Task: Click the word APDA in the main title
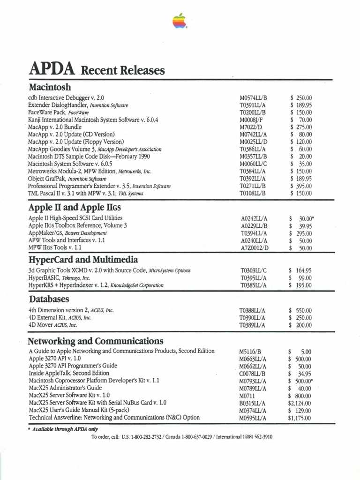pyautogui.click(x=52, y=69)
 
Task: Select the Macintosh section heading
pyautogui.click(x=50, y=87)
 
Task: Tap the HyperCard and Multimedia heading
pyautogui.click(x=83, y=259)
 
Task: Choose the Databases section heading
pyautogui.click(x=49, y=299)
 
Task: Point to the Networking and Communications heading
pyautogui.click(x=96, y=340)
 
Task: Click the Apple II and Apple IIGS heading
pyautogui.click(x=77, y=207)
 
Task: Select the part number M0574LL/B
pyautogui.click(x=253, y=97)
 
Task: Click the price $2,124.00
pyautogui.click(x=300, y=403)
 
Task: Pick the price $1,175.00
pyautogui.click(x=300, y=418)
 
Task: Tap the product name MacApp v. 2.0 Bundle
pyautogui.click(x=55, y=127)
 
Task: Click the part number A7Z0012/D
pyautogui.click(x=255, y=247)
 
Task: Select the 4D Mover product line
pyautogui.click(x=52, y=325)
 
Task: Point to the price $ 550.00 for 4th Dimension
pyautogui.click(x=300, y=310)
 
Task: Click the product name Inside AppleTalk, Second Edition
pyautogui.click(x=69, y=373)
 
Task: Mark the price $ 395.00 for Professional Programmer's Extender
pyautogui.click(x=300, y=186)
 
